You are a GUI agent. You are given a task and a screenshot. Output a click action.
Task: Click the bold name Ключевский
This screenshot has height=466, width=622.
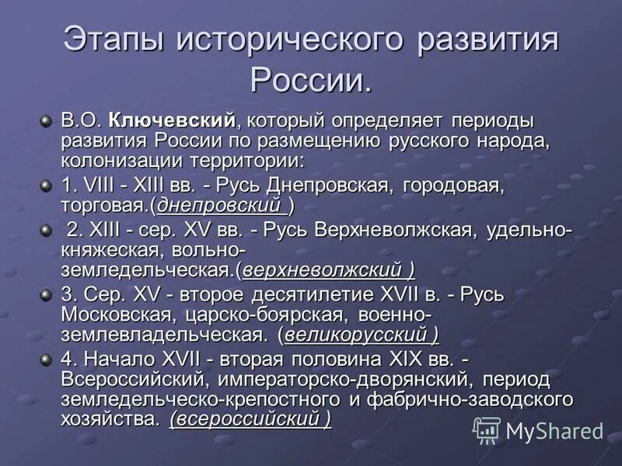pyautogui.click(x=173, y=121)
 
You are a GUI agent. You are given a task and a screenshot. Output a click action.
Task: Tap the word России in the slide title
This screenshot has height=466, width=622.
pyautogui.click(x=310, y=78)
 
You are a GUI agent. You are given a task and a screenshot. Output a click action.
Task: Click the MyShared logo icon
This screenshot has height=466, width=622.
pyautogui.click(x=487, y=429)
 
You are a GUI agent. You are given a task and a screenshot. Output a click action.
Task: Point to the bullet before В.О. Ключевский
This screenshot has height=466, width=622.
pyautogui.click(x=46, y=121)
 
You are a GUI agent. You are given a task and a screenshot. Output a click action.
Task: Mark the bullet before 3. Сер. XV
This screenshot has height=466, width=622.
pyautogui.click(x=46, y=296)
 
